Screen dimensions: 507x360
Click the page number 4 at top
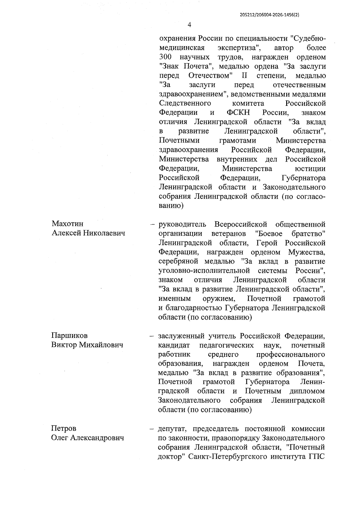189,25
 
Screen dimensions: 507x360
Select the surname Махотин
67,224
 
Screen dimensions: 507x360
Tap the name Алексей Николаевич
88,233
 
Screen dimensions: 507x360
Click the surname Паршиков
69,336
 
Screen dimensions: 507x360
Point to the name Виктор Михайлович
87,345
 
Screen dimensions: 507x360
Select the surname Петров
64,428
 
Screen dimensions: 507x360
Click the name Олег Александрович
88,438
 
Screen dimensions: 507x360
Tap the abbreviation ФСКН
238,113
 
